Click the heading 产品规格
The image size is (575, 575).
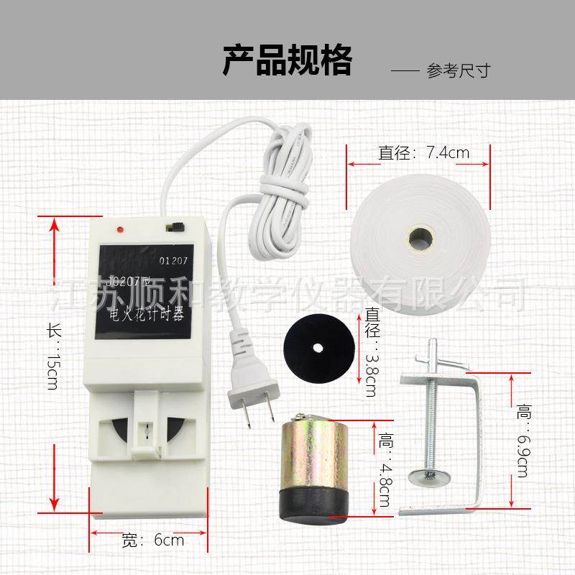(x=287, y=60)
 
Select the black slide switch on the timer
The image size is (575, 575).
(x=173, y=226)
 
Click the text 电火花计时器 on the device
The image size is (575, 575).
(x=144, y=314)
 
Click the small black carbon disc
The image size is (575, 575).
(x=318, y=348)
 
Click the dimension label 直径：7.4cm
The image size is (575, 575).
(x=423, y=152)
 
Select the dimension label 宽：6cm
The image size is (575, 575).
(x=152, y=539)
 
